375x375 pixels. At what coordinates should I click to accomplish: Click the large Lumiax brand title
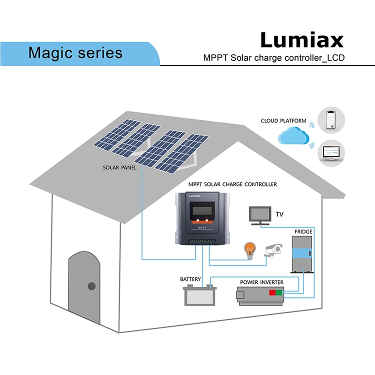301,40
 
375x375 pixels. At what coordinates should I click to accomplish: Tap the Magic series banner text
75,52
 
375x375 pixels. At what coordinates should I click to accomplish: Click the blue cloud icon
292,136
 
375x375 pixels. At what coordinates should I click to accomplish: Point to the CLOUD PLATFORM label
283,121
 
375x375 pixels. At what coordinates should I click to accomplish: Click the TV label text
279,214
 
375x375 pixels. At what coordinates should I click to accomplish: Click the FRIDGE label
303,232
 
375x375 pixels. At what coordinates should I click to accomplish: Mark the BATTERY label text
190,279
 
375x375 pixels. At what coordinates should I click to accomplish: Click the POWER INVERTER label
261,282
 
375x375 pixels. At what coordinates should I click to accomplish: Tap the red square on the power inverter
272,292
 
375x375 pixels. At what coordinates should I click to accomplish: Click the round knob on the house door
91,286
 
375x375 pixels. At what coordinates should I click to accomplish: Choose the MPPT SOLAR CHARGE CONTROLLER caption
232,184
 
